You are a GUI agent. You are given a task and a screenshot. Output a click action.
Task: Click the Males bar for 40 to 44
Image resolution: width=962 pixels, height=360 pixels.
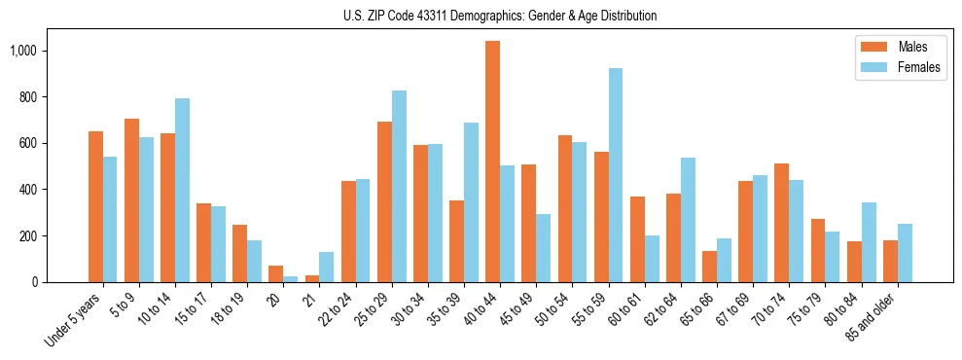click(x=493, y=162)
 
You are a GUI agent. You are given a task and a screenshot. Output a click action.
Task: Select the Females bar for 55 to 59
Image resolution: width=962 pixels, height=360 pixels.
click(x=616, y=175)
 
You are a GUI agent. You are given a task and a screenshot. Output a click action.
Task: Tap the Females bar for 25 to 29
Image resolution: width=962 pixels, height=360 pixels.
click(x=399, y=186)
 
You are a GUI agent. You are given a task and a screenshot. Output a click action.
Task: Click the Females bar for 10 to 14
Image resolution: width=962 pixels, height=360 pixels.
click(x=182, y=190)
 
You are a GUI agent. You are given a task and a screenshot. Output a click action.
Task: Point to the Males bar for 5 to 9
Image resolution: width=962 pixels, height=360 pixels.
click(x=131, y=200)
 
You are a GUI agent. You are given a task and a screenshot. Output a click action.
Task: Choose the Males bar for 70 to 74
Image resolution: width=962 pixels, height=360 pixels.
click(x=782, y=223)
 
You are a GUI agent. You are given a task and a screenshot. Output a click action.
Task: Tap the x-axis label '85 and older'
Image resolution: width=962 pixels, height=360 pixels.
click(x=880, y=318)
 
